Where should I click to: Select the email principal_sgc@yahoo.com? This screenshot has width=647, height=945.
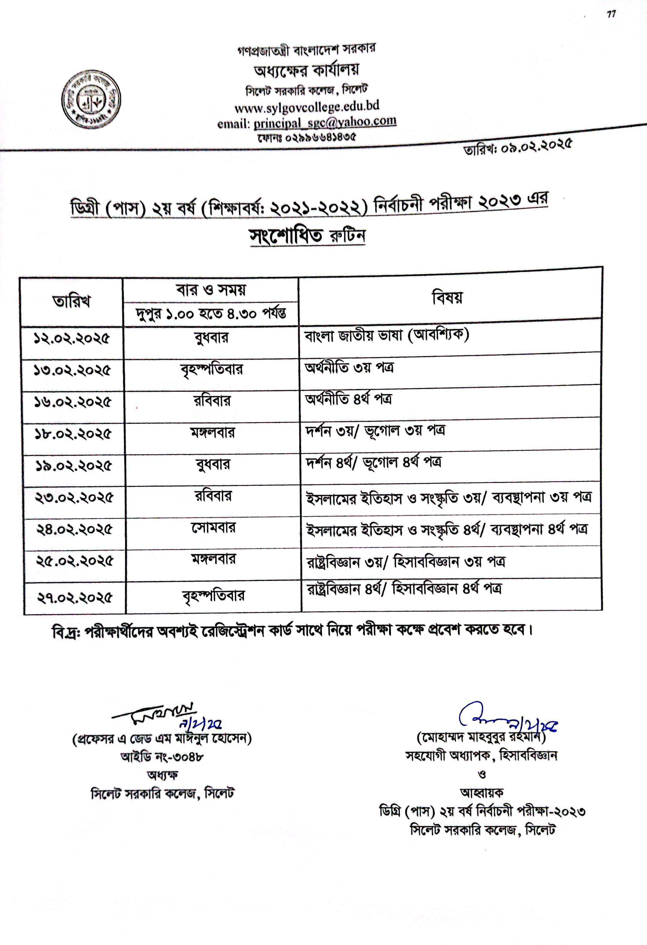(x=324, y=122)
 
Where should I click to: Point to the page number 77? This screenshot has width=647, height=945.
(x=611, y=15)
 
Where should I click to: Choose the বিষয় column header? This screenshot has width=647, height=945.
(x=447, y=298)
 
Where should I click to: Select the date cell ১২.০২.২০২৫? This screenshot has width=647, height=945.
(x=72, y=339)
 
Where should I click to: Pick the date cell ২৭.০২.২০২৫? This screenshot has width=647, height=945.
(x=74, y=598)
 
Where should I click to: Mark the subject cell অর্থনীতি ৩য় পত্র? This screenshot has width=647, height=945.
(x=349, y=368)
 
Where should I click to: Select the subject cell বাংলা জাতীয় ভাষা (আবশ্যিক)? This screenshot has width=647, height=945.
(x=386, y=336)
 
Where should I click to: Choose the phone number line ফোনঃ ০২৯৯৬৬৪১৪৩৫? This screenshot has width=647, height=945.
(x=307, y=137)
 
